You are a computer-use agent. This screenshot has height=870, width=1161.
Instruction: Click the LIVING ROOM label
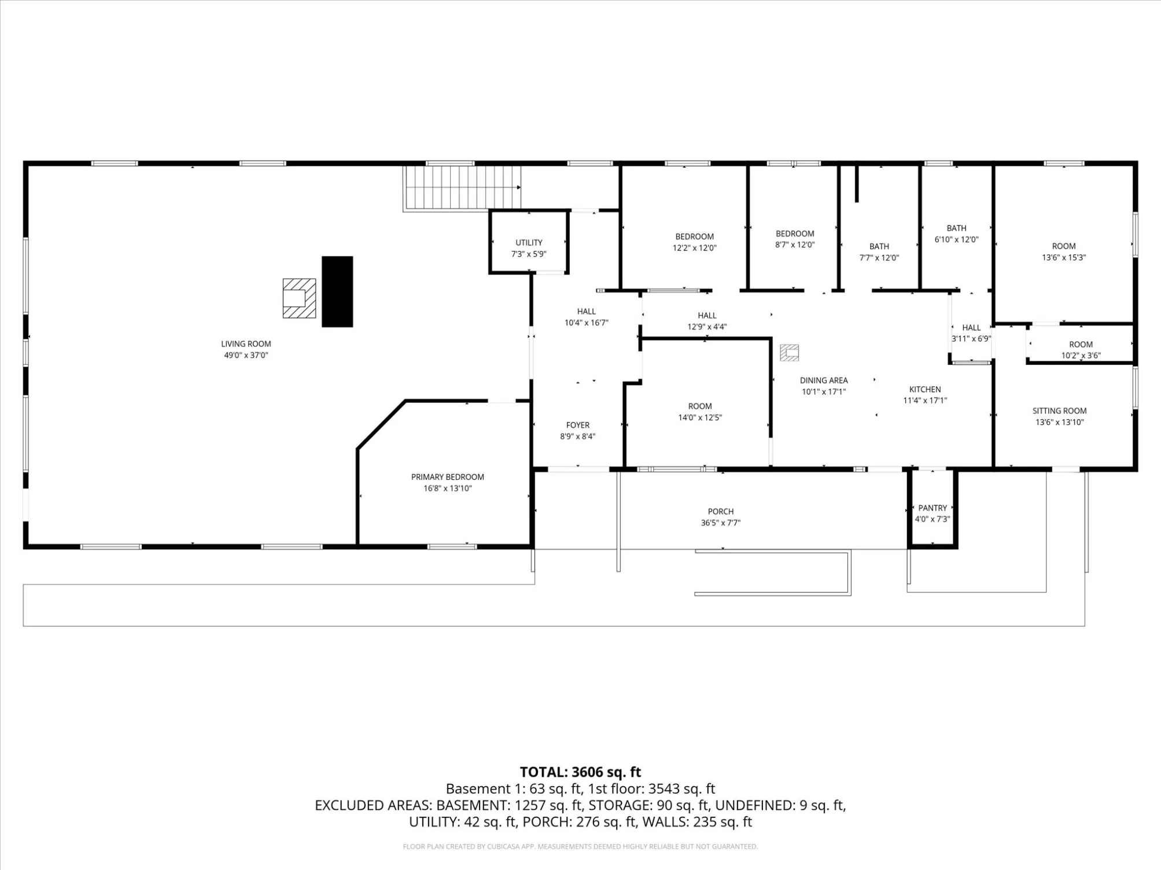[x=246, y=344]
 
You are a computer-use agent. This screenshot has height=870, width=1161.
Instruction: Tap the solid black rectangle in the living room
[x=337, y=292]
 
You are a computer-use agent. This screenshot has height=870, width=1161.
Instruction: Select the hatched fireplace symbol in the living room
[x=299, y=298]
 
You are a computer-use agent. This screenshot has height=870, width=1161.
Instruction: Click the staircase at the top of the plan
[x=462, y=188]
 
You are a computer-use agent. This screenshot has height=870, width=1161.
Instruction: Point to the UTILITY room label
[x=529, y=243]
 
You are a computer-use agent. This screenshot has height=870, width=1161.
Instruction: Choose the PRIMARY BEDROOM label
[x=448, y=477]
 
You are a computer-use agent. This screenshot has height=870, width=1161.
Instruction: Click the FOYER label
[x=578, y=425]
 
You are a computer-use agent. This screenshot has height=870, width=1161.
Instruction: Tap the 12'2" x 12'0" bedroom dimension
[x=695, y=248]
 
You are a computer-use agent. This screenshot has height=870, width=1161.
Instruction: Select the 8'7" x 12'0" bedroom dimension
[x=795, y=245]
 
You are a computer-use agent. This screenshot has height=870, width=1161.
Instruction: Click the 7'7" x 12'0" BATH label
[x=879, y=246]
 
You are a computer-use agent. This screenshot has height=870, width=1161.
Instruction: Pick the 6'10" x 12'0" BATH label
[x=957, y=228]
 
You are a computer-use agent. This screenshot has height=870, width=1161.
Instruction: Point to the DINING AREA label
[x=824, y=380]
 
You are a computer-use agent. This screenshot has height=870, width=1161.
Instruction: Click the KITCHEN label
[x=925, y=389]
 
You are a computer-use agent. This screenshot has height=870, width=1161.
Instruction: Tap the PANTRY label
[x=933, y=508]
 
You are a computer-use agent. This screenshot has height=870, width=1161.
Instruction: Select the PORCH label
[x=721, y=512]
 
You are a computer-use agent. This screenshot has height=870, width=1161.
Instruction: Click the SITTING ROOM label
[x=1060, y=411]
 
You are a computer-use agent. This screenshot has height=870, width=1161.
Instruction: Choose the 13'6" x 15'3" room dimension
[x=1064, y=258]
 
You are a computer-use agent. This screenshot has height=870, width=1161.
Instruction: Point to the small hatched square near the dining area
[x=790, y=353]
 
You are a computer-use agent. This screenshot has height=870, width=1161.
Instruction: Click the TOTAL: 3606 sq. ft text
[x=580, y=772]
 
